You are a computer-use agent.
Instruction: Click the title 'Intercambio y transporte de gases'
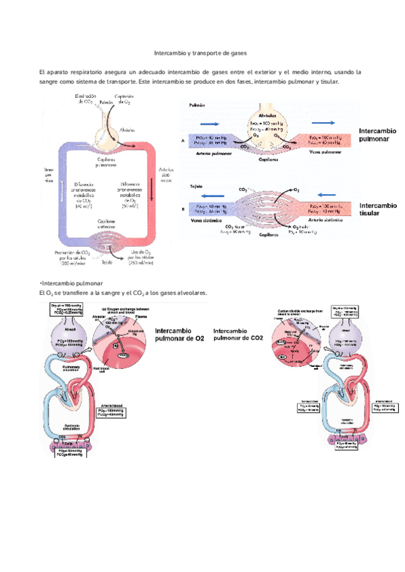201,53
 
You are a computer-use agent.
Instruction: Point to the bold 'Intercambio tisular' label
378,208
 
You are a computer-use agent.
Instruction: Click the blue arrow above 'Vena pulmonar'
325,123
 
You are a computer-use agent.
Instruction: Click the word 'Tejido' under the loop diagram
108,264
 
